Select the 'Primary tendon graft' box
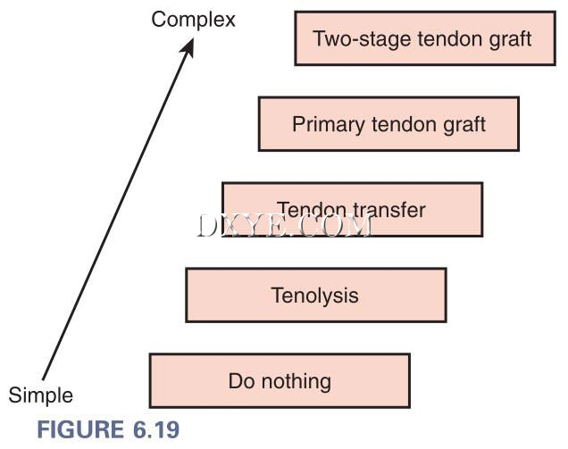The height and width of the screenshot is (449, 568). click(388, 124)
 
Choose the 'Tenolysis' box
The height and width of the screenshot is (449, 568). click(315, 295)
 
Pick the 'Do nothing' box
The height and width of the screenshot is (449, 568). click(280, 381)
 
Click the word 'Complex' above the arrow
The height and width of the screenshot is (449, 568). click(193, 19)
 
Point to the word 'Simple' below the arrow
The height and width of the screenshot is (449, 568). click(41, 395)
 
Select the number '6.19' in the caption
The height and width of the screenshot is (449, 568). click(153, 429)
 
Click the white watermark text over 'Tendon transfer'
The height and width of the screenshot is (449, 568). click(284, 225)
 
